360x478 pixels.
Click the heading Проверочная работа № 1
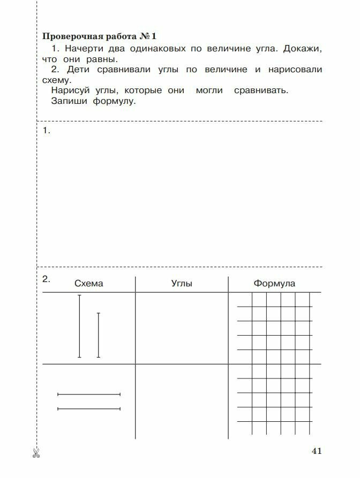99,36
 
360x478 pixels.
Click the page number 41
316,451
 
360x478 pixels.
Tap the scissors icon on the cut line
36,453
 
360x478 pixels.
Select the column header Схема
89,284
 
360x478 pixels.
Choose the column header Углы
182,284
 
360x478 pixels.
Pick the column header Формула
274,284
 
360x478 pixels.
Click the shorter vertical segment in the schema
98,335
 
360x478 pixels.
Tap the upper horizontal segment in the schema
89,394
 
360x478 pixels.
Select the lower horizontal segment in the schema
89,409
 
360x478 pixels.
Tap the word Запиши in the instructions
70,101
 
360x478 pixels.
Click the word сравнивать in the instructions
261,90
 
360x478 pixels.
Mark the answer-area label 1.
46,131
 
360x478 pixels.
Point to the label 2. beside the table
46,278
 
